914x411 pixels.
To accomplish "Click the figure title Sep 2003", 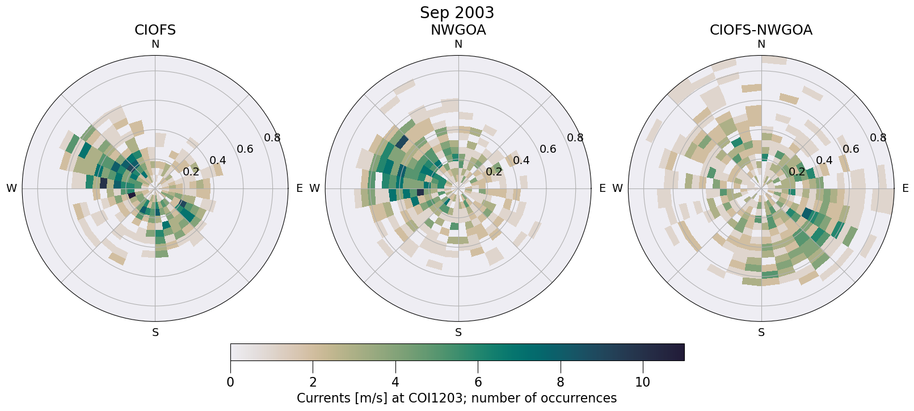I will [x=457, y=12].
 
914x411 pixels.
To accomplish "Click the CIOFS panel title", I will [x=155, y=30].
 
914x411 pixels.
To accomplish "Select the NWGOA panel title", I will [x=458, y=30].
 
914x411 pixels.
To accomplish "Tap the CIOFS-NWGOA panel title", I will [x=761, y=30].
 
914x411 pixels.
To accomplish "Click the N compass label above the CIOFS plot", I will [x=155, y=44].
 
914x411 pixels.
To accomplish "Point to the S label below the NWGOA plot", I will [x=458, y=333].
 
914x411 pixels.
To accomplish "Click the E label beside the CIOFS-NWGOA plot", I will [x=905, y=188].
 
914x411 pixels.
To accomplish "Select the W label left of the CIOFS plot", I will [x=11, y=188].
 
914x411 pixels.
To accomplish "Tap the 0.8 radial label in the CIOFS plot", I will [x=272, y=137].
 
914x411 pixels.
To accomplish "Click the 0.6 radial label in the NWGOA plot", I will [x=548, y=149].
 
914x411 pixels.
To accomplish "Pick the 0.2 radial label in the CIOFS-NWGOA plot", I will [x=797, y=171].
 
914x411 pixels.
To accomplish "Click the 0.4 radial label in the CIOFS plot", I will [x=218, y=160].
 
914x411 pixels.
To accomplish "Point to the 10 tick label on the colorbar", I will [x=643, y=383].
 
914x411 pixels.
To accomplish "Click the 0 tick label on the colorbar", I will [x=230, y=383].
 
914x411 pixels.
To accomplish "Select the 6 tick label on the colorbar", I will [x=478, y=383].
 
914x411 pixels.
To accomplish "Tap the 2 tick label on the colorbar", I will [x=313, y=383].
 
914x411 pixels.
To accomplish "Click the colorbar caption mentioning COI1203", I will [x=457, y=399].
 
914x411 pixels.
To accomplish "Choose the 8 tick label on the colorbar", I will [x=561, y=383].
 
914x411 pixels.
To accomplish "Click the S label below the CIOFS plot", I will [x=155, y=333].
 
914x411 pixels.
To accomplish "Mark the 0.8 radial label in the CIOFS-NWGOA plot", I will [x=878, y=137].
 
